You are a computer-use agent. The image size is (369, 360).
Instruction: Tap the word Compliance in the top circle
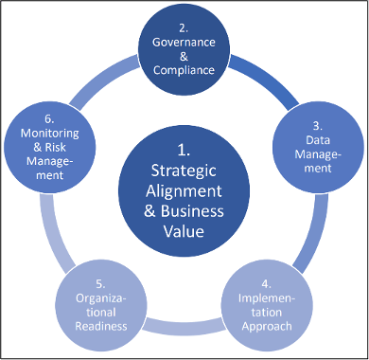pos(184,69)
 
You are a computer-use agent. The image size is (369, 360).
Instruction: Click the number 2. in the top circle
pos(184,26)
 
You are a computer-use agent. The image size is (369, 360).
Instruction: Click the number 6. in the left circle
pos(49,120)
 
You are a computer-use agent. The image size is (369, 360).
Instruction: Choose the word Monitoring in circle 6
pos(49,135)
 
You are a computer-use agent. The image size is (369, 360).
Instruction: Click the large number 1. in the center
pos(184,149)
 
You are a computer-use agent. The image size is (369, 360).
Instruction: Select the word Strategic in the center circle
pos(184,171)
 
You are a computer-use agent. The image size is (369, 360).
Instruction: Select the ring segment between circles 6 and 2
pos(107,73)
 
